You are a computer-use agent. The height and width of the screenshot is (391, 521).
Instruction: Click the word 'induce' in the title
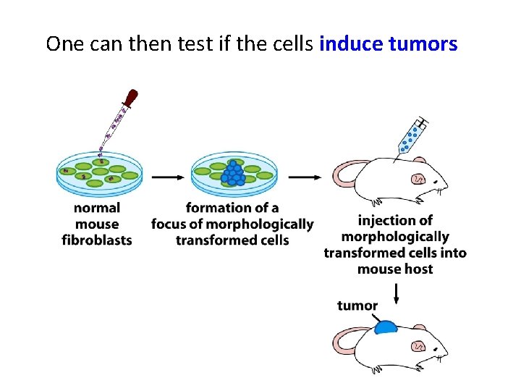(350, 44)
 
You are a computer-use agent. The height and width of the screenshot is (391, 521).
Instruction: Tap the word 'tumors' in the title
(423, 44)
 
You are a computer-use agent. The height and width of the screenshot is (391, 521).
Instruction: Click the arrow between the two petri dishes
(167, 176)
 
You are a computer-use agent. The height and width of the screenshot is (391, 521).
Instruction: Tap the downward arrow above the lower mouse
(396, 293)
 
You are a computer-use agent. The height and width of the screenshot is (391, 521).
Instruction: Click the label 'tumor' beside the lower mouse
(357, 306)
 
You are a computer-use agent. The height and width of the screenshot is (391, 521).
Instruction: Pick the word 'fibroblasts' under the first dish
(97, 240)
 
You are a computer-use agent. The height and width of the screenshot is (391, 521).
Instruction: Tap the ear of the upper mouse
(418, 178)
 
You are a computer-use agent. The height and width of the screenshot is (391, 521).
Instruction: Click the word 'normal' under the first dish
(97, 209)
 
